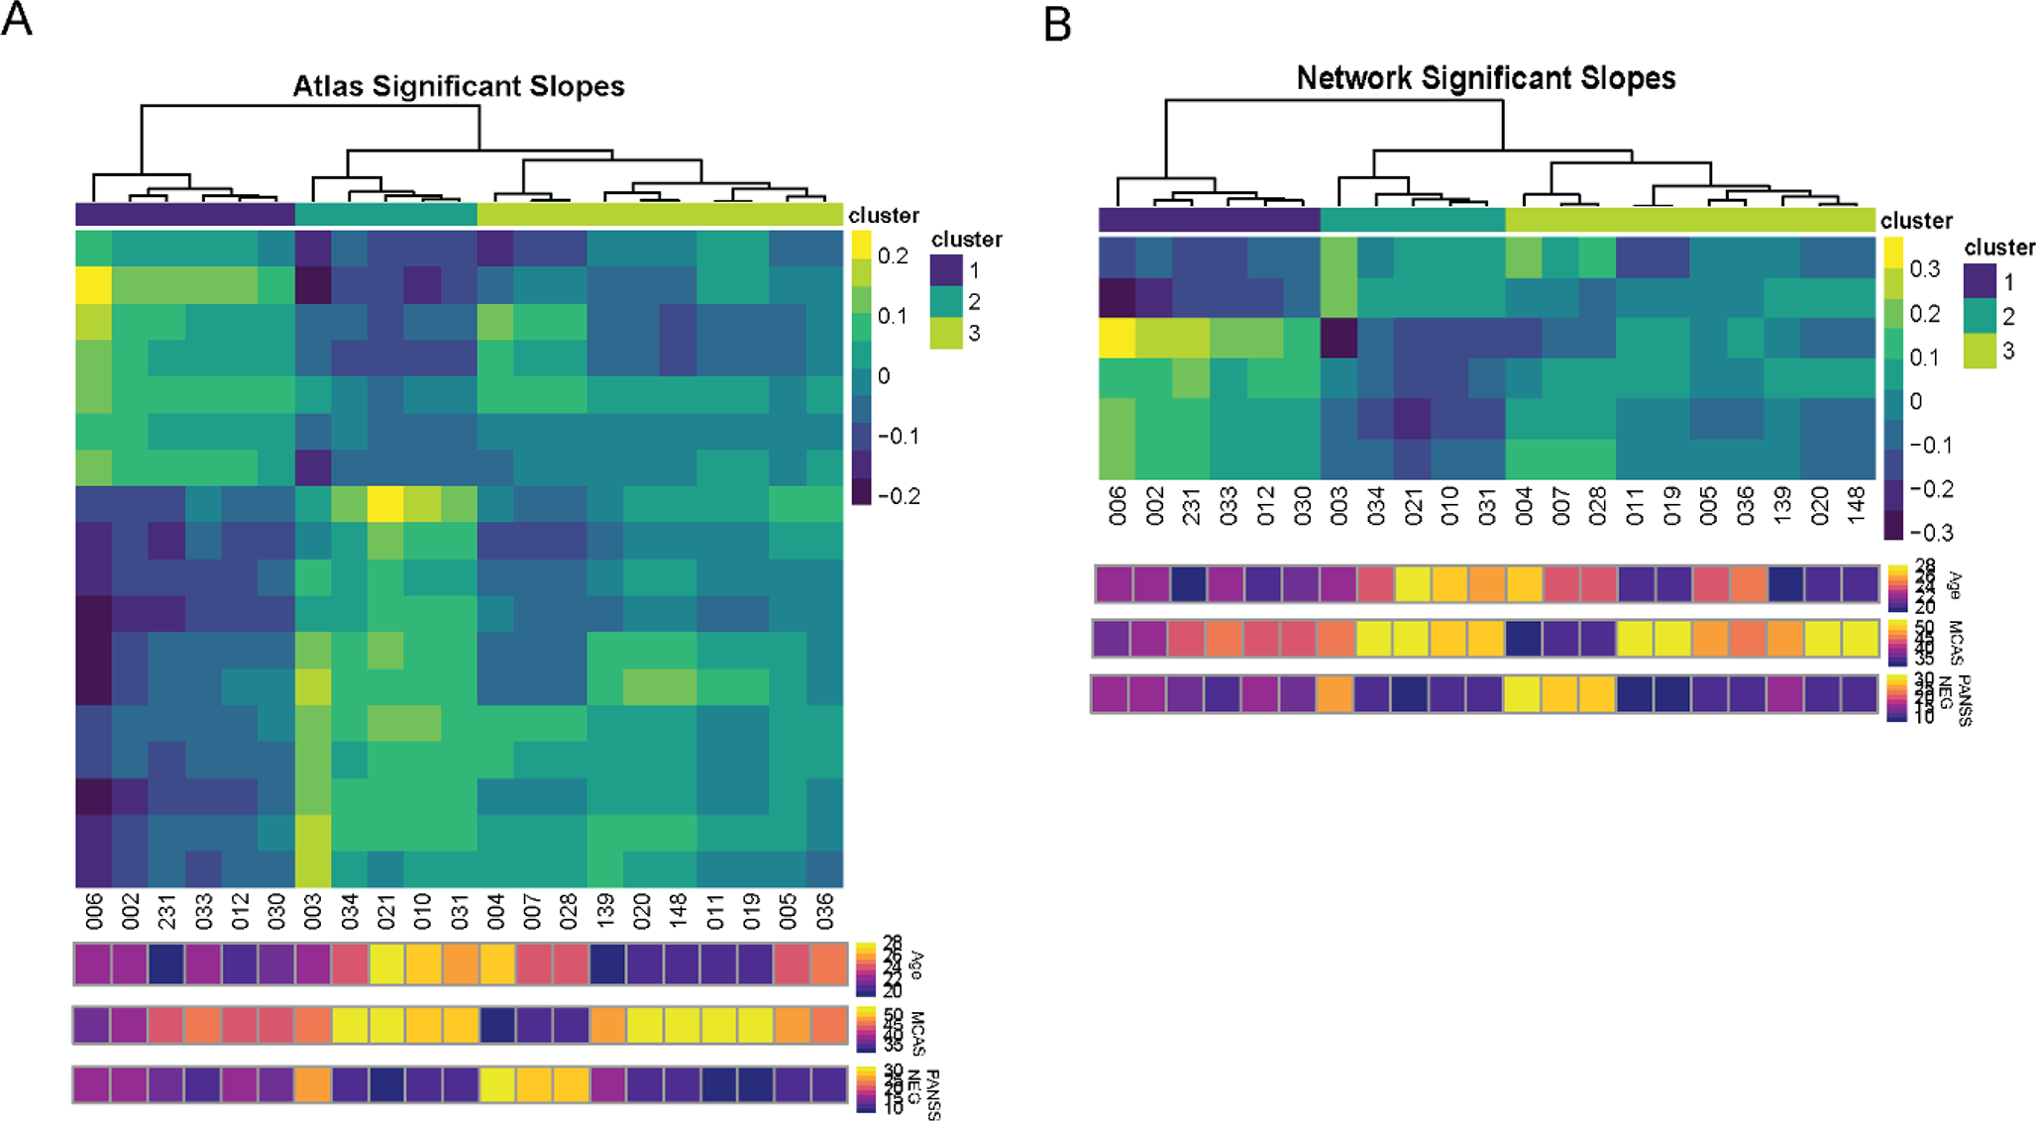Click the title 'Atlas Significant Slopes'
(x=458, y=87)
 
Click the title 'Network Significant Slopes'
(x=1485, y=78)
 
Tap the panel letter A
(x=17, y=19)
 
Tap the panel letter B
(x=1057, y=24)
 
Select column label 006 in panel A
(x=94, y=909)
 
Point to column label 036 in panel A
(x=824, y=909)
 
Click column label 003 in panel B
(x=1339, y=505)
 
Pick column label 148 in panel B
(x=1857, y=505)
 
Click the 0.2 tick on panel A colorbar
(x=893, y=256)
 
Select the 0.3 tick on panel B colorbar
(x=1925, y=269)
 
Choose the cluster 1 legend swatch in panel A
(x=946, y=270)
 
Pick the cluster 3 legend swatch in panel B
(x=1981, y=352)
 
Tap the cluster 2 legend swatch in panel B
(x=1981, y=317)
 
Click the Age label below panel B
(x=1955, y=586)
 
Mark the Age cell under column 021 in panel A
(x=386, y=965)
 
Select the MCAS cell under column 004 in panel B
(x=1524, y=639)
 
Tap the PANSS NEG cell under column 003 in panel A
(x=313, y=1084)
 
